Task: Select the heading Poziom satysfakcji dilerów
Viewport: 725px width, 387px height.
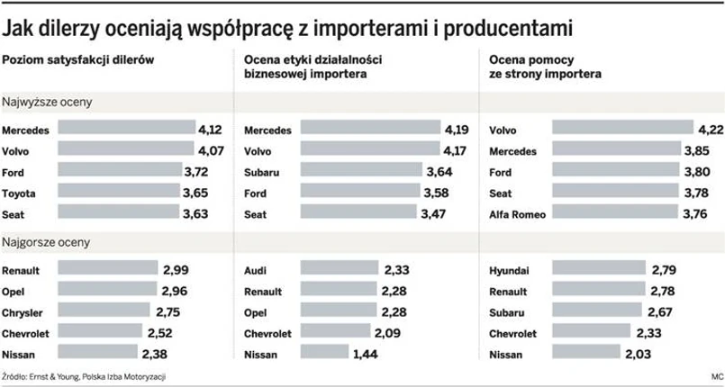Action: pos(80,59)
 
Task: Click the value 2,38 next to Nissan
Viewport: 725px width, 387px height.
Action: pos(154,354)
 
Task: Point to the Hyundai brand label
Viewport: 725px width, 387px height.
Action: pos(510,270)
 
